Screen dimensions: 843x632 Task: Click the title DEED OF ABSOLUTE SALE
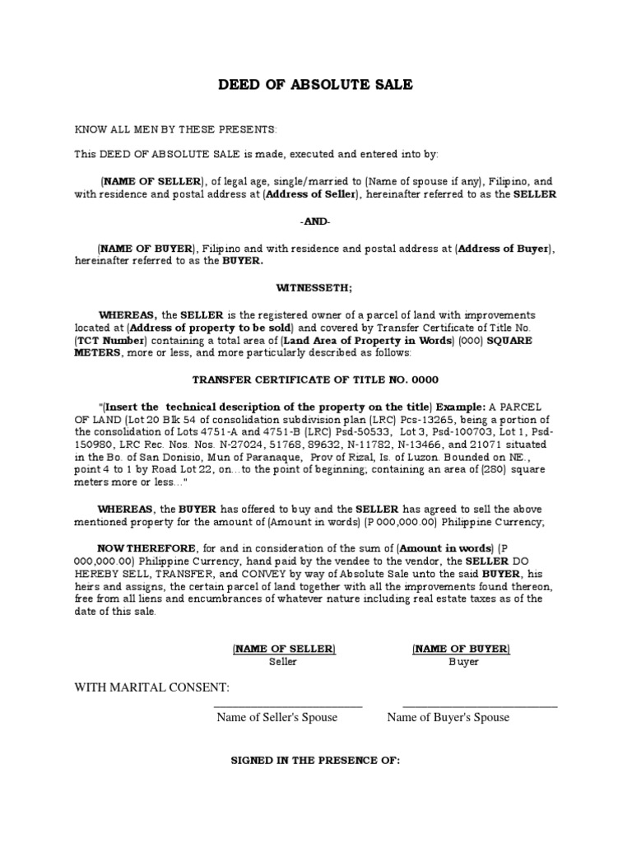point(315,85)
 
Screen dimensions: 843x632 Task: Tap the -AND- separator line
point(315,223)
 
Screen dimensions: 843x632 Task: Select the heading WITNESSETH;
point(315,287)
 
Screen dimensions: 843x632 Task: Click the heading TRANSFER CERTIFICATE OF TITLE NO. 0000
point(315,380)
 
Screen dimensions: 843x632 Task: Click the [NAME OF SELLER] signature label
point(283,650)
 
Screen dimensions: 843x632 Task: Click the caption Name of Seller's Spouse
point(276,717)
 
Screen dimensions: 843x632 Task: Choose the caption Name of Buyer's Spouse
point(448,717)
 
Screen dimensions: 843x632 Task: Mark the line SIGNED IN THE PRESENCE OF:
point(315,761)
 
